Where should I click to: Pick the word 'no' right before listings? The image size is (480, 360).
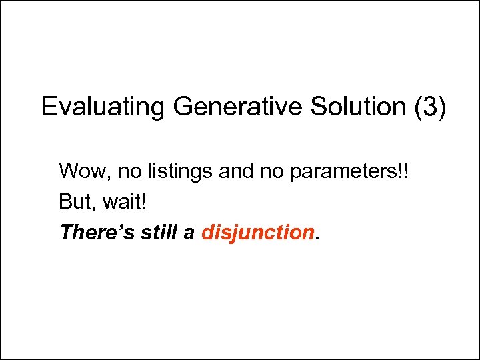coord(129,171)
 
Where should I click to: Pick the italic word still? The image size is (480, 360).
coord(158,232)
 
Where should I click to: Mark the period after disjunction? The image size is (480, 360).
coord(317,239)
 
